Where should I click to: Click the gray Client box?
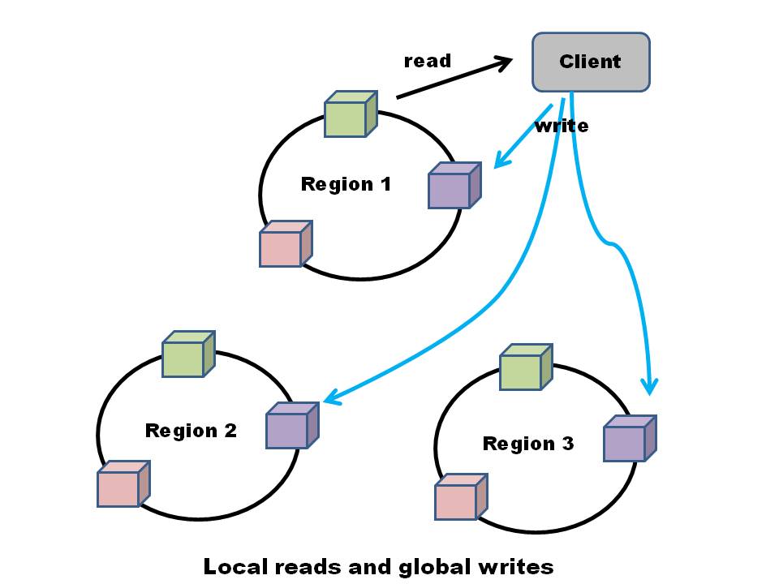591,62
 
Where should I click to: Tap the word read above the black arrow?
427,62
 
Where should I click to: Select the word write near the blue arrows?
562,127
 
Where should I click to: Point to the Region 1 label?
346,184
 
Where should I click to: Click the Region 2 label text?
191,431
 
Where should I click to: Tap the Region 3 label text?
527,444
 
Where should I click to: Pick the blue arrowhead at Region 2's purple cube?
331,397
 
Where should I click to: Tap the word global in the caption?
431,566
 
